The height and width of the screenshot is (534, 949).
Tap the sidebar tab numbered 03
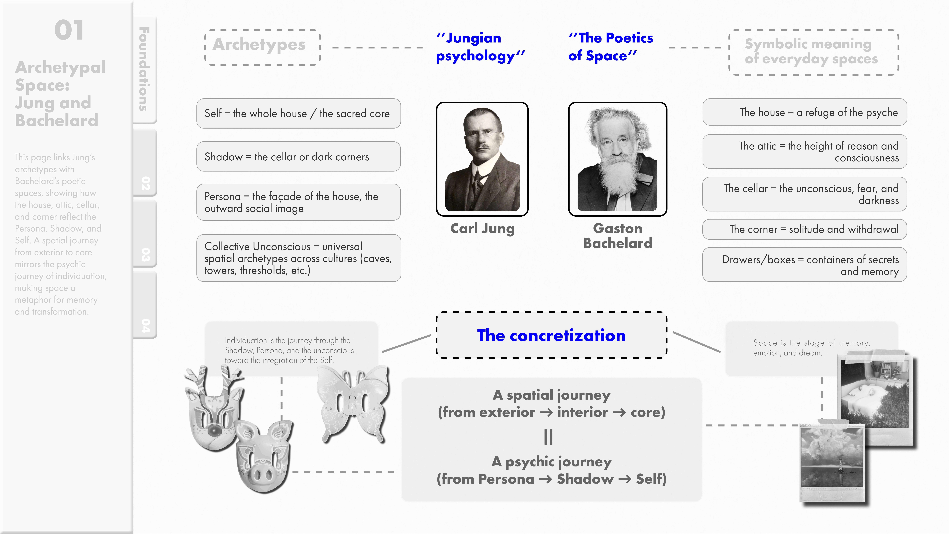point(146,254)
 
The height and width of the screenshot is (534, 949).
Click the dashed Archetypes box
point(262,47)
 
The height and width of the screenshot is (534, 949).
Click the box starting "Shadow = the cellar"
point(298,157)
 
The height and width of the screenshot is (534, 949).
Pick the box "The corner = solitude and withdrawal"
point(805,229)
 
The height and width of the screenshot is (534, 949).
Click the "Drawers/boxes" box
point(805,265)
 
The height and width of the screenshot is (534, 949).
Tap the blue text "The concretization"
point(551,335)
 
